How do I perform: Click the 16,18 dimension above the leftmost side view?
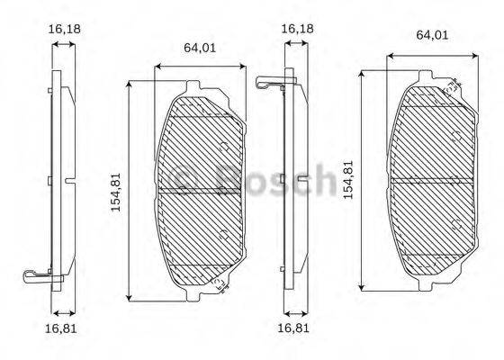click(x=62, y=29)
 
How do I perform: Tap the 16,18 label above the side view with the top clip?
click(x=297, y=29)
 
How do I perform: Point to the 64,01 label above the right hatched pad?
click(x=433, y=35)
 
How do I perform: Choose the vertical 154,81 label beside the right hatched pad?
click(x=348, y=180)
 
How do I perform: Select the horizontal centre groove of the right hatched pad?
click(x=433, y=179)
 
